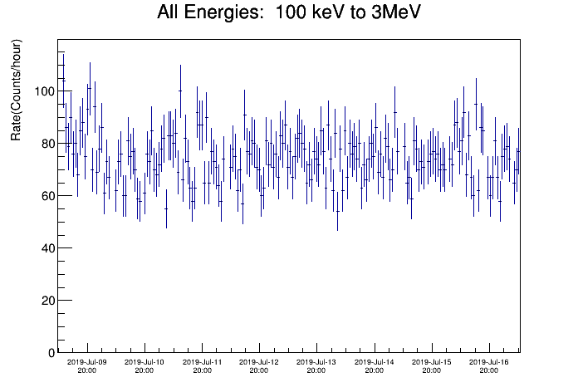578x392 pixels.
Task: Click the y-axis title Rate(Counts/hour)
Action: point(16,90)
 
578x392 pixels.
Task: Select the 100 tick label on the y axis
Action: point(44,91)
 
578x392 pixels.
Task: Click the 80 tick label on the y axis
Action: point(48,144)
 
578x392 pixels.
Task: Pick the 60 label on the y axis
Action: point(48,196)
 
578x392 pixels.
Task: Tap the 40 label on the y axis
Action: point(48,248)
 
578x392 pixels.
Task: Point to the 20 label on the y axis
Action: point(48,301)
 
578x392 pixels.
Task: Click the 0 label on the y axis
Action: point(51,353)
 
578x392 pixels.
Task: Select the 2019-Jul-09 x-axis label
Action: point(87,362)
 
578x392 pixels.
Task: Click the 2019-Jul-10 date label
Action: point(144,362)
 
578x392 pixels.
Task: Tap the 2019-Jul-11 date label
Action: point(202,362)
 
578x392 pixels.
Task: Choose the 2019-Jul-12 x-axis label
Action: point(259,362)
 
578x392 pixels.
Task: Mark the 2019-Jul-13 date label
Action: point(316,362)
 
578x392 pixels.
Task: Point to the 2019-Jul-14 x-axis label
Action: point(375,362)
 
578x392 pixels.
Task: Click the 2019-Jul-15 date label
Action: point(431,362)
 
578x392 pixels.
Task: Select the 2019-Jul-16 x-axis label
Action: point(489,362)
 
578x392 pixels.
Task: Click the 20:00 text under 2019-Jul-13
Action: point(316,370)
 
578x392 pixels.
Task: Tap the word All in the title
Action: point(168,12)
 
